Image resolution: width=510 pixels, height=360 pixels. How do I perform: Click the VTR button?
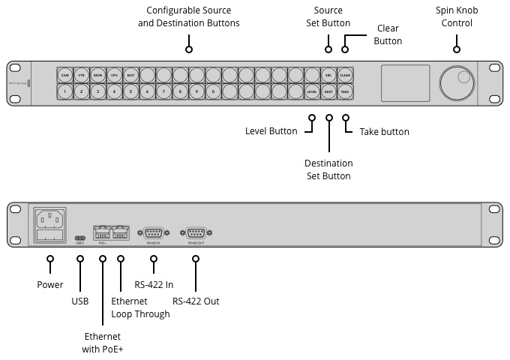pos(82,76)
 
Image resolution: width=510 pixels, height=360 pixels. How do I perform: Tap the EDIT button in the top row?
pos(130,76)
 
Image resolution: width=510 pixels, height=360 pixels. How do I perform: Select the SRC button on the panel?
pos(328,76)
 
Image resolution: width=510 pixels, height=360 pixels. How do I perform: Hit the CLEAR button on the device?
pos(345,76)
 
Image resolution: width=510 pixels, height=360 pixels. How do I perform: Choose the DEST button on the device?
pos(328,91)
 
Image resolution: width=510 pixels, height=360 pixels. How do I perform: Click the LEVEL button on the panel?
pos(312,91)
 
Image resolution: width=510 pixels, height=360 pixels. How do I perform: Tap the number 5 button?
pos(130,91)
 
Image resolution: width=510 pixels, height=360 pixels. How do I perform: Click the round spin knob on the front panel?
pos(457,83)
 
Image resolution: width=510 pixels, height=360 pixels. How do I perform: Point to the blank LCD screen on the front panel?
pos(406,82)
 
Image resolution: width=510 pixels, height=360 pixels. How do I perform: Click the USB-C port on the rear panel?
pos(80,238)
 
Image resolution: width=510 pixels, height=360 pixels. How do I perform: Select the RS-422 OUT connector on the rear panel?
pos(195,232)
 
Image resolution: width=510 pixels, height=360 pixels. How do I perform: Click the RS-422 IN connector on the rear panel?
pos(154,232)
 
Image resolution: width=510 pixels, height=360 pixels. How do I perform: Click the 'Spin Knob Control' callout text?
pos(457,17)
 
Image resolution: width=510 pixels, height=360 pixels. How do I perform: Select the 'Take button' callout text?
pos(384,132)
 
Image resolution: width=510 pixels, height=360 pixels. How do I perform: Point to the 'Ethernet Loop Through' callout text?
pos(140,307)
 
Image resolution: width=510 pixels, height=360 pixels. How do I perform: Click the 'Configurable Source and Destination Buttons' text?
pos(189,17)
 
